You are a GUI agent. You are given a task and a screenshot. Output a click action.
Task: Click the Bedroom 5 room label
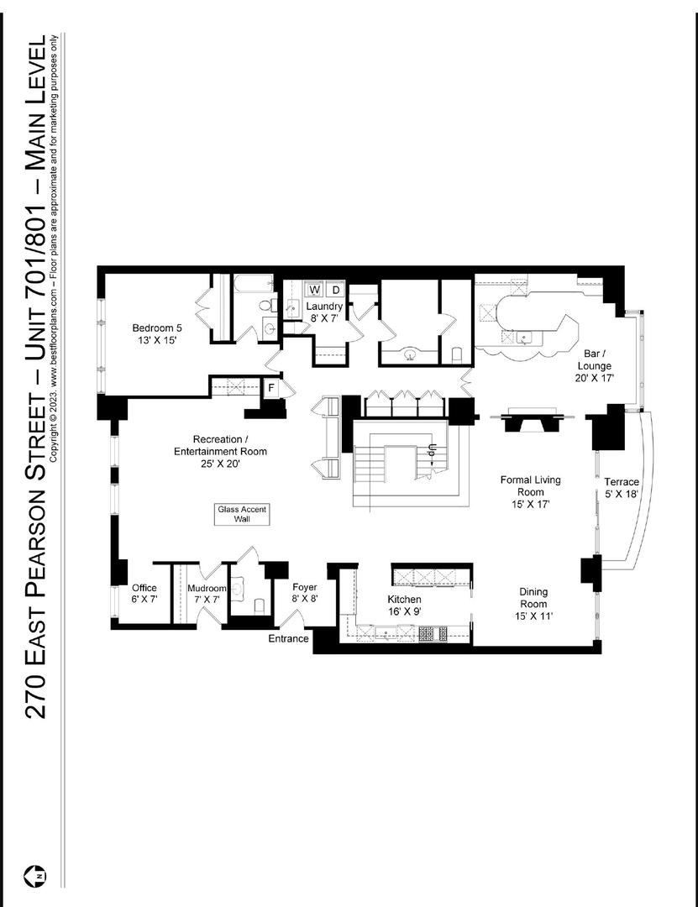155,333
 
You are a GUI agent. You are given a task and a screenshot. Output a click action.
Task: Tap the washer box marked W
315,290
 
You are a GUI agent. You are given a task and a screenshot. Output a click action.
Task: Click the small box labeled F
271,388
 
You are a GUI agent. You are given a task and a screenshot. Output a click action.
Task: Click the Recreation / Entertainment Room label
221,451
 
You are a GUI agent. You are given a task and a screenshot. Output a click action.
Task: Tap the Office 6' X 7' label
144,594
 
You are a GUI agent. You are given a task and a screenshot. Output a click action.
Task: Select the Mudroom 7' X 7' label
207,594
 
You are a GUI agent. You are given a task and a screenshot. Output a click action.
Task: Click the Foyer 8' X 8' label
304,593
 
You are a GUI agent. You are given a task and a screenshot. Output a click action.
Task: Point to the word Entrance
288,639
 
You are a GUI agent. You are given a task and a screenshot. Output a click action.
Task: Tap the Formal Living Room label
530,492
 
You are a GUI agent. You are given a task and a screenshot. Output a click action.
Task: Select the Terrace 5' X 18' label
622,488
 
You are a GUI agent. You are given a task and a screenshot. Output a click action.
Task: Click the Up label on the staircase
432,451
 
